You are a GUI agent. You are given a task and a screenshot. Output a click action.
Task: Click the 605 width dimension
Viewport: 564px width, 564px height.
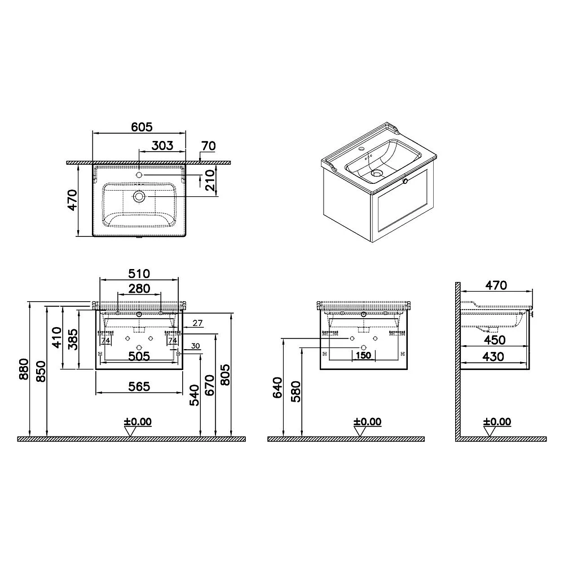142,127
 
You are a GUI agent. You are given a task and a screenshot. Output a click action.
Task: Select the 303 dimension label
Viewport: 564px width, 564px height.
162,146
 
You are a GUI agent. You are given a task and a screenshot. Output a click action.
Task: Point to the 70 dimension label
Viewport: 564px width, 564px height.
208,146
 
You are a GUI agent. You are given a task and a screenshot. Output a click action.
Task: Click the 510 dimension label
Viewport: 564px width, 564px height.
139,274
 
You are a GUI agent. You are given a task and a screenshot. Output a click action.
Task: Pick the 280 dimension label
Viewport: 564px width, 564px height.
139,288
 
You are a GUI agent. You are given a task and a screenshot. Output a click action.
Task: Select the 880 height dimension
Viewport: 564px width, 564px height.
24,369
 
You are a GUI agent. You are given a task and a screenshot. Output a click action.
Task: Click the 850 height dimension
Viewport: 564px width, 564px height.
41,372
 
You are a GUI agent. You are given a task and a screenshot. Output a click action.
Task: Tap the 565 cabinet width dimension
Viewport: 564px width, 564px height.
139,386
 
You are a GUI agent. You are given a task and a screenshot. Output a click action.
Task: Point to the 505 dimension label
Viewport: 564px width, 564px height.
139,356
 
